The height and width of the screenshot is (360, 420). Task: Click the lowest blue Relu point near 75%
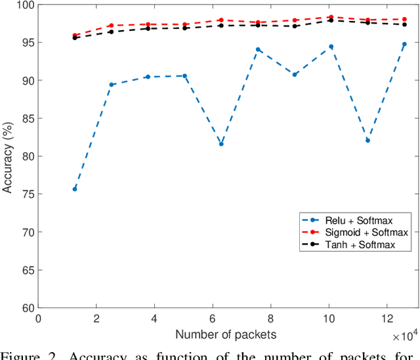75,189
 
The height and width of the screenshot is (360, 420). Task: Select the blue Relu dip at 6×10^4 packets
221,144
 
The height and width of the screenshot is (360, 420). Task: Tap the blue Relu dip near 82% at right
367,140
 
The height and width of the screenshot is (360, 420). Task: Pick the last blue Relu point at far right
404,45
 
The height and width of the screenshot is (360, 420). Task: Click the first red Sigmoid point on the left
75,35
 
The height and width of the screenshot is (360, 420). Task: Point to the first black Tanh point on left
75,38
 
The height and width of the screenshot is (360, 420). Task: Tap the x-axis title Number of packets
226,335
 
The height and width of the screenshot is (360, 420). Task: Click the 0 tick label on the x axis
38,319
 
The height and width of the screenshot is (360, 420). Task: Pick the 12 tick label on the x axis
388,319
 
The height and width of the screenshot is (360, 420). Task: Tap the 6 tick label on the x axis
213,319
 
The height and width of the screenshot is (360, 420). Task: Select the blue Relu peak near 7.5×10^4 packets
258,50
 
